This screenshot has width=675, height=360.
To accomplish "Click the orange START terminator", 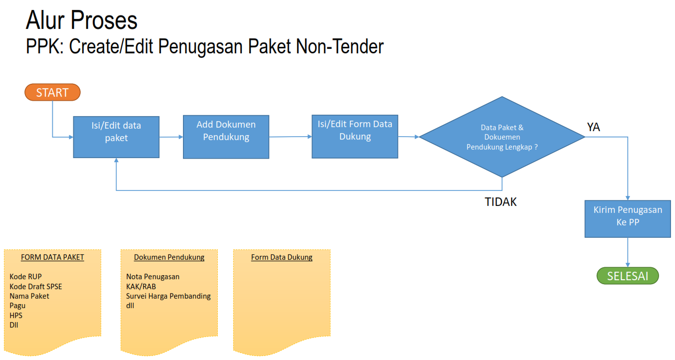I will pyautogui.click(x=52, y=92).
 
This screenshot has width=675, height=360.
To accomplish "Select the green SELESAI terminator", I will pyautogui.click(x=628, y=276).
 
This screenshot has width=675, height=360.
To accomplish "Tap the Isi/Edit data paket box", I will pyautogui.click(x=116, y=137).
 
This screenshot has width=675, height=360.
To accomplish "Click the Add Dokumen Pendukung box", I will pyautogui.click(x=226, y=137).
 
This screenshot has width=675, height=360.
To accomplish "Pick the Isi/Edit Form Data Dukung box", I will pyautogui.click(x=355, y=137).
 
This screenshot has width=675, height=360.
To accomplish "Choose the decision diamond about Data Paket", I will pyautogui.click(x=502, y=137).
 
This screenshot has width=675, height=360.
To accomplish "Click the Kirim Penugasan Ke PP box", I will pyautogui.click(x=628, y=218).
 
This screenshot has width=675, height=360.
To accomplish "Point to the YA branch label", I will pyautogui.click(x=593, y=128).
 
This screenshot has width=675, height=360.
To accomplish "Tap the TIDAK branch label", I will pyautogui.click(x=501, y=202).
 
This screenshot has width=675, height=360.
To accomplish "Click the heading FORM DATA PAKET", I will pyautogui.click(x=52, y=257).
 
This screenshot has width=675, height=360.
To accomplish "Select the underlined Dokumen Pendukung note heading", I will pyautogui.click(x=169, y=257).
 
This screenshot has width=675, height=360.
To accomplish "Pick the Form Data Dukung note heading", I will pyautogui.click(x=282, y=257).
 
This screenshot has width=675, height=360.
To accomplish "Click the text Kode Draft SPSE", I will pyautogui.click(x=36, y=286).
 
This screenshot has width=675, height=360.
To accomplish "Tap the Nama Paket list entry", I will pyautogui.click(x=29, y=296).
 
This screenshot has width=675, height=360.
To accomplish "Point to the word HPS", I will pyautogui.click(x=16, y=315).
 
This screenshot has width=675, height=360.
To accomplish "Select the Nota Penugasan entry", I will pyautogui.click(x=153, y=277).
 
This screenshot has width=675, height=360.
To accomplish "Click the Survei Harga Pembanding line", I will pyautogui.click(x=169, y=296).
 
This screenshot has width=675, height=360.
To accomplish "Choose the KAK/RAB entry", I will pyautogui.click(x=141, y=286).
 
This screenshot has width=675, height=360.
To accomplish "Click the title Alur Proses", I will pyautogui.click(x=81, y=21).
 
